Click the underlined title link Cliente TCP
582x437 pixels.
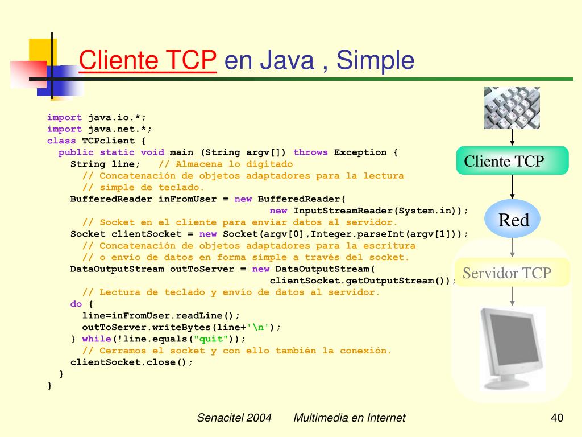pos(148,60)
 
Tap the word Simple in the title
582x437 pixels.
pos(375,60)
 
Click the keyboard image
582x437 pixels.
pos(512,108)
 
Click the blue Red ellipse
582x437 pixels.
pos(513,220)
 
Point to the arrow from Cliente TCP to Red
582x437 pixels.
pos(513,187)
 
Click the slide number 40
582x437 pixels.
pos(557,418)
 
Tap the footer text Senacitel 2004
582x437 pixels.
pos(234,418)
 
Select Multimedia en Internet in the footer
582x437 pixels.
pos(350,418)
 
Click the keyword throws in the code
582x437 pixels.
pos(311,152)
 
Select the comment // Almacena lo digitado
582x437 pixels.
pos(226,164)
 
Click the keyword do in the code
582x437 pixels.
pos(76,304)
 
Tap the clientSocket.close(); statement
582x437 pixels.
pos(132,362)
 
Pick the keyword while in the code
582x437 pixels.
pos(97,339)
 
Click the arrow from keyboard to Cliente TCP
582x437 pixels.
pos(513,137)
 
